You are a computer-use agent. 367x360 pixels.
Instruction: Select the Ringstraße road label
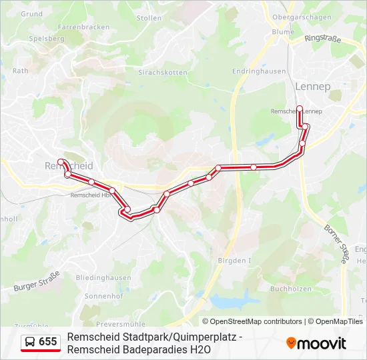click(x=322, y=39)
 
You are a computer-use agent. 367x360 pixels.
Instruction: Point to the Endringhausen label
click(x=259, y=71)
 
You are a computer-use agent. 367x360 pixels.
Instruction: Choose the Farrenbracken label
click(x=83, y=27)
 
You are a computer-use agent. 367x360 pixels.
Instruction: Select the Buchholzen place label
click(x=291, y=289)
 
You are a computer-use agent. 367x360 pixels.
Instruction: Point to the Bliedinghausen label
click(x=103, y=277)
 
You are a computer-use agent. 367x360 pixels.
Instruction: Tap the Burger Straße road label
click(x=37, y=281)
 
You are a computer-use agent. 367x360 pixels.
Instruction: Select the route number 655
click(x=48, y=342)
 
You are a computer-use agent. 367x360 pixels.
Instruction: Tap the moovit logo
click(x=316, y=343)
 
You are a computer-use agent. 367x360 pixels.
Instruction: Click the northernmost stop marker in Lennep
click(x=300, y=109)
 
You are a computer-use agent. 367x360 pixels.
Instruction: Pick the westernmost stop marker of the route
click(x=61, y=162)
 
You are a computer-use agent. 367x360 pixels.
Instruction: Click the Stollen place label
click(x=149, y=18)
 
